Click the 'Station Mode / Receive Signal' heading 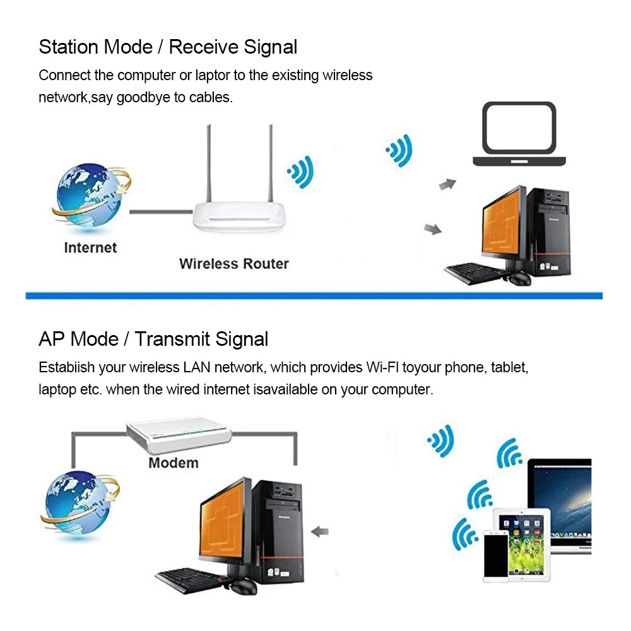[x=168, y=47]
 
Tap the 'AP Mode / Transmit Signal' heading [x=153, y=339]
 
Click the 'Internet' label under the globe [x=90, y=247]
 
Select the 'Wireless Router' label [x=234, y=264]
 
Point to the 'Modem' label [x=174, y=463]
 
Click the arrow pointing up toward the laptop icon [x=447, y=184]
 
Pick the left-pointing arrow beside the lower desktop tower [x=321, y=531]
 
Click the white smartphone [x=496, y=555]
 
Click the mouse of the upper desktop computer [x=519, y=278]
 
